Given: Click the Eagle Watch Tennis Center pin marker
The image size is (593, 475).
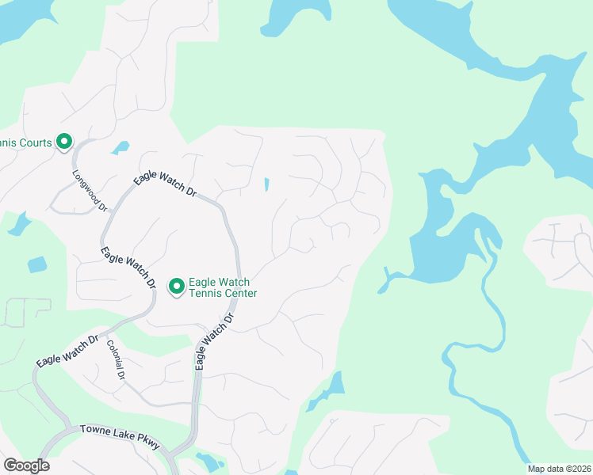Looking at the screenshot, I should point(176,285).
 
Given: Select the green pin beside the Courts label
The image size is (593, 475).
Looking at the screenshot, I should point(63,142).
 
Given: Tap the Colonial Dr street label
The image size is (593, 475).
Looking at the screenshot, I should point(116,360).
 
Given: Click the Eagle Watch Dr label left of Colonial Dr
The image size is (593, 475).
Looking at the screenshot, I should point(67,350).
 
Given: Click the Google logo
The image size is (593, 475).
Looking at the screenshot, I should point(26,465).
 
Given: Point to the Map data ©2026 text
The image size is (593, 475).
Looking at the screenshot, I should point(559,469).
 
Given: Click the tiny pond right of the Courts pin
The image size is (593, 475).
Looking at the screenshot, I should point(121,147).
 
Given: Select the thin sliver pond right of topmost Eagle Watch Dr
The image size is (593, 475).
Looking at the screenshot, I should point(266,184).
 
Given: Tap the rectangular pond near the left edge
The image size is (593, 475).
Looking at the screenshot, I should point(37,264).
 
